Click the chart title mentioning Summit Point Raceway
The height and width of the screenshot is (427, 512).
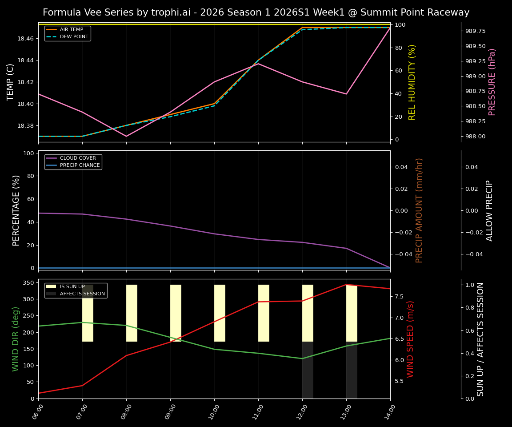(x=256, y=12)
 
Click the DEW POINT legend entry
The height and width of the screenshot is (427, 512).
(x=74, y=36)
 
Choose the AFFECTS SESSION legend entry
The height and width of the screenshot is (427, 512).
(x=82, y=294)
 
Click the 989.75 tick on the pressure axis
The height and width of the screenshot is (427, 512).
(x=475, y=31)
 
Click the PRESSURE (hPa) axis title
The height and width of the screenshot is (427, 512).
(x=492, y=82)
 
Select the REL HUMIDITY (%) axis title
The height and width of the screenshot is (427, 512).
(x=412, y=82)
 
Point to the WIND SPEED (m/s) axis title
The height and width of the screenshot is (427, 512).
(x=410, y=339)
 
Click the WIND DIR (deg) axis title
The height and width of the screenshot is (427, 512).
(x=16, y=339)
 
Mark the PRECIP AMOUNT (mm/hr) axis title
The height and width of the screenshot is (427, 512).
(x=419, y=210)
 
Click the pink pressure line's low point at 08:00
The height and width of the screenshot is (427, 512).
(x=126, y=136)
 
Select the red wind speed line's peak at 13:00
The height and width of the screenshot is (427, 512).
(x=346, y=285)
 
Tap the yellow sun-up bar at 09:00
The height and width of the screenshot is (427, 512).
(x=176, y=313)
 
